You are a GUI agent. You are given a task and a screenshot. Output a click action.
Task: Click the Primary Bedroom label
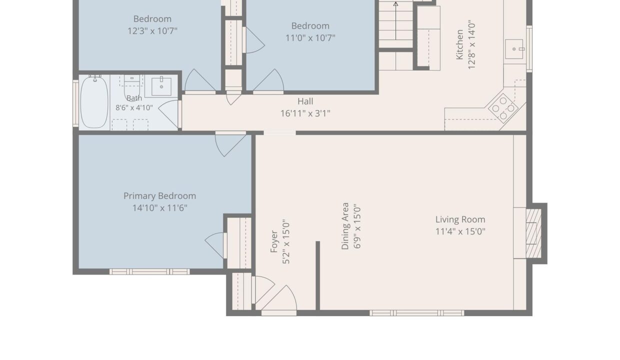tap(159, 196)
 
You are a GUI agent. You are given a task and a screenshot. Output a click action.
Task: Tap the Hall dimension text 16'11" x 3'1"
tap(305, 113)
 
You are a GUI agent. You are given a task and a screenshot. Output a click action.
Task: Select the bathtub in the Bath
tap(94, 102)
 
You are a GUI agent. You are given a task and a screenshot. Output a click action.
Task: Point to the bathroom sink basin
tap(161, 86)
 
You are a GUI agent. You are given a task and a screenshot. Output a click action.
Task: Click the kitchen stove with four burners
tap(503, 108)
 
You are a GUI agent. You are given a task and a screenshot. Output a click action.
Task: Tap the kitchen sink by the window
tap(514, 49)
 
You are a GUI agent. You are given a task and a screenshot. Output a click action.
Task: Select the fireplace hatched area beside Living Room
tap(533, 233)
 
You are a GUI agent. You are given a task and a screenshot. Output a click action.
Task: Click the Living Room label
tap(460, 219)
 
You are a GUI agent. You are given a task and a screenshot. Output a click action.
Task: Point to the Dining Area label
tap(345, 226)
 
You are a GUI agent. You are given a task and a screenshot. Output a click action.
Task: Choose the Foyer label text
tap(273, 241)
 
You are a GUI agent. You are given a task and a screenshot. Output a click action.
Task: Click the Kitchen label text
tap(459, 44)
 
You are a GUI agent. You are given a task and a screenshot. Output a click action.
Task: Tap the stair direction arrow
tap(396, 21)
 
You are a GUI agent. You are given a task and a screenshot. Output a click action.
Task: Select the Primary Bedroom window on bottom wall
tap(149, 271)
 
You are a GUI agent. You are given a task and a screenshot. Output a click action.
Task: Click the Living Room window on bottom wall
tap(417, 313)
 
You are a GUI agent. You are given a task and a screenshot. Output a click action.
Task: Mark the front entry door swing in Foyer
tap(279, 300)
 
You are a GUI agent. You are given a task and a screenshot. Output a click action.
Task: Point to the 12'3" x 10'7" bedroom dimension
tap(152, 31)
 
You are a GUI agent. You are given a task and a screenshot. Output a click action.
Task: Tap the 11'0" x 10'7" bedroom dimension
tap(310, 38)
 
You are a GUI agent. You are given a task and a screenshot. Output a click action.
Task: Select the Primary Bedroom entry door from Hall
tap(230, 144)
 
